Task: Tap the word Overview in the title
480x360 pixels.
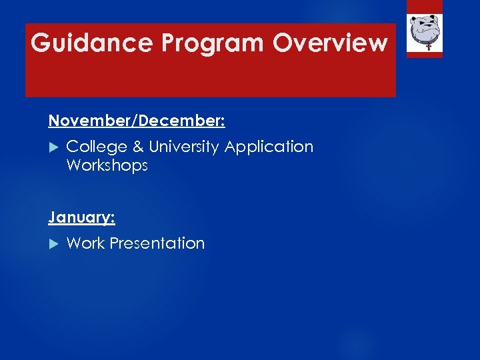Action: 330,43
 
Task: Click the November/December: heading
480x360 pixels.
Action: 137,121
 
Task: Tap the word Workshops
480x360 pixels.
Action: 107,165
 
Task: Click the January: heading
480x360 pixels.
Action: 81,217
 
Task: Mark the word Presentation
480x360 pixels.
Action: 157,243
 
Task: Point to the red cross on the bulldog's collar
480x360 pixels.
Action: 425,47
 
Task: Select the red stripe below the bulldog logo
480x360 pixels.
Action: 425,55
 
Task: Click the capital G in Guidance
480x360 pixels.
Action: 41,43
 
